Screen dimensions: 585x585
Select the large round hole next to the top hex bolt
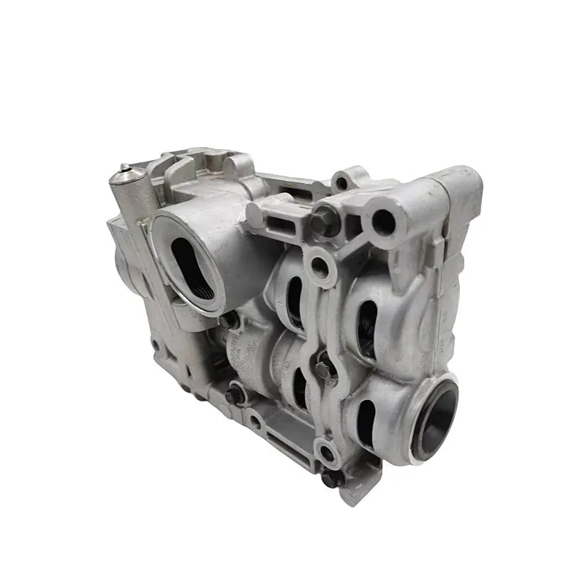(x=383, y=219)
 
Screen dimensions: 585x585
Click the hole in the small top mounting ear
(x=342, y=181)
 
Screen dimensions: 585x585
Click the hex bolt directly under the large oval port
(x=229, y=320)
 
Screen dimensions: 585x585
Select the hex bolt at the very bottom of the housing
(x=331, y=479)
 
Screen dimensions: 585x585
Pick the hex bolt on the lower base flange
(x=235, y=395)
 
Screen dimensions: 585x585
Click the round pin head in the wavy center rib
(x=324, y=363)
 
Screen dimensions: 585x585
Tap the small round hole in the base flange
(x=255, y=421)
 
